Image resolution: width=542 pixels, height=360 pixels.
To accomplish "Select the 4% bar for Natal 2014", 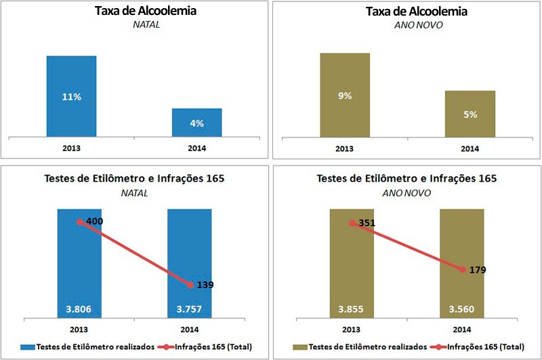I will tap(196, 122).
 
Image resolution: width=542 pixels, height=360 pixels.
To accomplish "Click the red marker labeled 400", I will tap(80, 222).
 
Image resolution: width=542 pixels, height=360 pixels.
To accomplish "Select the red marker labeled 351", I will tap(352, 223).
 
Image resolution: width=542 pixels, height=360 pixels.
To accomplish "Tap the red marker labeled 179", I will tap(463, 270).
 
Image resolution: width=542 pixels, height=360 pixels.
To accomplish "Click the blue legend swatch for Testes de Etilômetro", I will tap(30, 346).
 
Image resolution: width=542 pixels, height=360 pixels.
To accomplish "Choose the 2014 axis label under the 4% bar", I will tap(196, 148).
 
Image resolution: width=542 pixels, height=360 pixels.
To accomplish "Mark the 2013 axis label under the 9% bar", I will tap(345, 148).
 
